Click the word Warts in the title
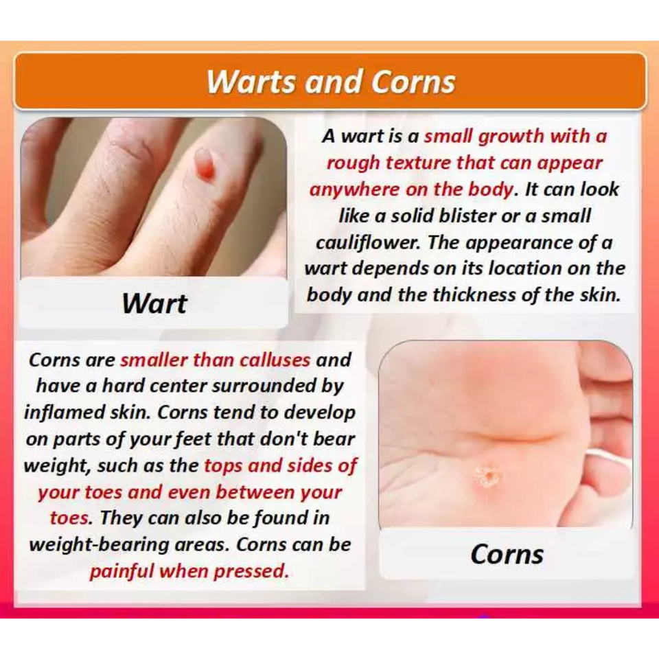click(251, 81)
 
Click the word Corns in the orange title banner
click(413, 81)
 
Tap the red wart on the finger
click(205, 163)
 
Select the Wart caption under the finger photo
click(154, 303)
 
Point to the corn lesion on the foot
click(488, 475)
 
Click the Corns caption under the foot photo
click(507, 554)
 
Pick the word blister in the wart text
click(467, 216)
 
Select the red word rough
click(353, 163)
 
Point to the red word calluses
click(275, 360)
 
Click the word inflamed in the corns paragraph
click(65, 413)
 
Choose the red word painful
click(122, 572)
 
